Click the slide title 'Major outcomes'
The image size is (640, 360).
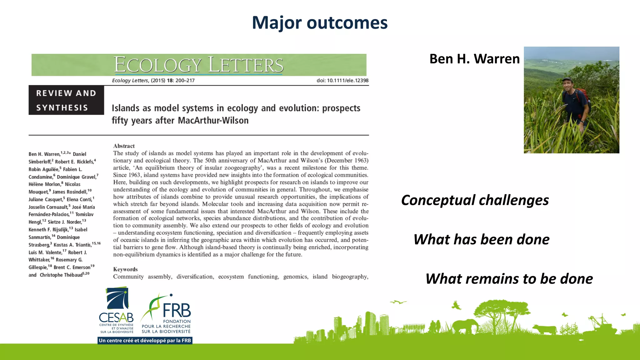point(320,23)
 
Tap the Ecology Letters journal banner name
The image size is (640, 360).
point(198,65)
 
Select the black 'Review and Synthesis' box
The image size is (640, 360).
point(66,100)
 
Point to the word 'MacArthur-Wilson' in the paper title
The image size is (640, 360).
point(213,121)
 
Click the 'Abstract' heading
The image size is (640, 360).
point(124,146)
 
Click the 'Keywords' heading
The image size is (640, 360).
point(125,269)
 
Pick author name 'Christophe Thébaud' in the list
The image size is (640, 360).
point(61,275)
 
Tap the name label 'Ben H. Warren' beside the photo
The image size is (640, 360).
point(474,59)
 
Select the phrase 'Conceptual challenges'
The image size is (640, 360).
point(475,200)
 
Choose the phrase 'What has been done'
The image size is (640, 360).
point(481,240)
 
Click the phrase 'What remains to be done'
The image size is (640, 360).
point(509,279)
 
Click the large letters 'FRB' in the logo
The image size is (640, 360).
point(177,311)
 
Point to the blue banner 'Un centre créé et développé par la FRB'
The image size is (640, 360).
point(145,340)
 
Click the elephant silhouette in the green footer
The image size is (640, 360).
point(465,326)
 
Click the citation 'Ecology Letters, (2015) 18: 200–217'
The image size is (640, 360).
point(153,81)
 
